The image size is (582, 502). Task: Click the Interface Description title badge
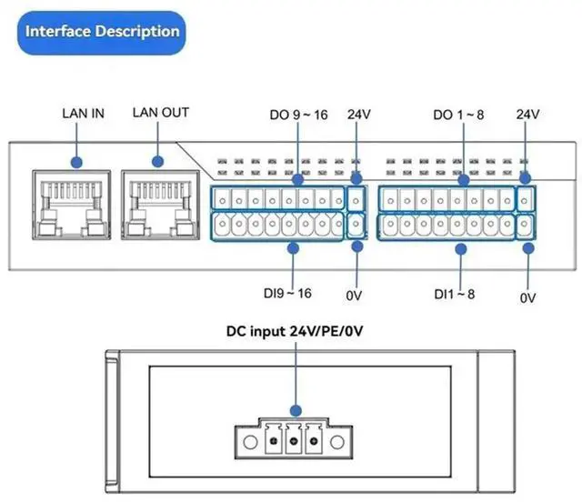(x=103, y=32)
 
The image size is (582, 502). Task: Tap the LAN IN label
(x=83, y=114)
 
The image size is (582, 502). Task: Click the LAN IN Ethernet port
(x=76, y=204)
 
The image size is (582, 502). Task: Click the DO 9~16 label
(x=297, y=115)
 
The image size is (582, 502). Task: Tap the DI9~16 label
(x=287, y=293)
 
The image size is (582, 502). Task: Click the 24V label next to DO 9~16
(x=359, y=115)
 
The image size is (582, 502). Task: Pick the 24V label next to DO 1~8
(x=527, y=115)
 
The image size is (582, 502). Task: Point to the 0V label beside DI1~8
(x=527, y=297)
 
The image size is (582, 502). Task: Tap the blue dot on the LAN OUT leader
(x=157, y=162)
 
